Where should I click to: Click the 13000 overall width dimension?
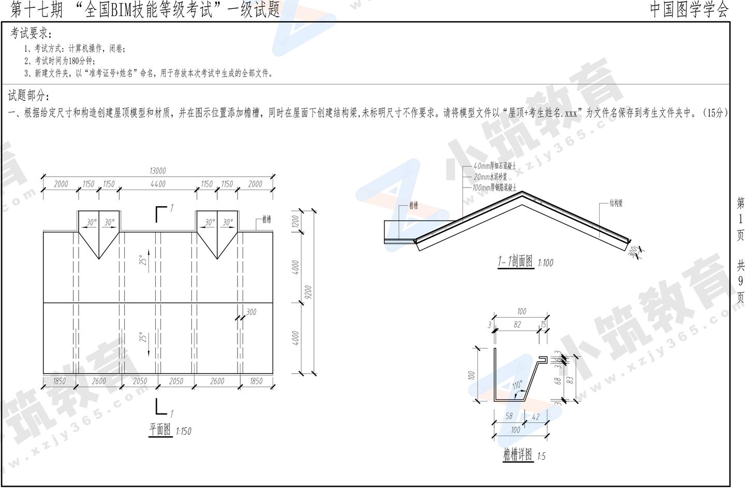[158, 171]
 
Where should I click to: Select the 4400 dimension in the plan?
[158, 184]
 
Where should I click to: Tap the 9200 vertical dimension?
[308, 293]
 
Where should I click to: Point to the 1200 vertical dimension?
[295, 221]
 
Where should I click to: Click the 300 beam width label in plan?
[251, 312]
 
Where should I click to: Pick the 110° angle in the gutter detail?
[517, 385]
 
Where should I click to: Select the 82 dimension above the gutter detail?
[517, 325]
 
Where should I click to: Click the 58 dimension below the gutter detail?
[509, 416]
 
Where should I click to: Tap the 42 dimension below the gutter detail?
[535, 416]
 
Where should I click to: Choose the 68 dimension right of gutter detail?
[558, 380]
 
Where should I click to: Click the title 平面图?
[160, 429]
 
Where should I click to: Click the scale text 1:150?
[183, 431]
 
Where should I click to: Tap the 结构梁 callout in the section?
[616, 204]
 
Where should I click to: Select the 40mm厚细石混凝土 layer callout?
[495, 167]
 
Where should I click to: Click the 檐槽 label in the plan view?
[266, 220]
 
